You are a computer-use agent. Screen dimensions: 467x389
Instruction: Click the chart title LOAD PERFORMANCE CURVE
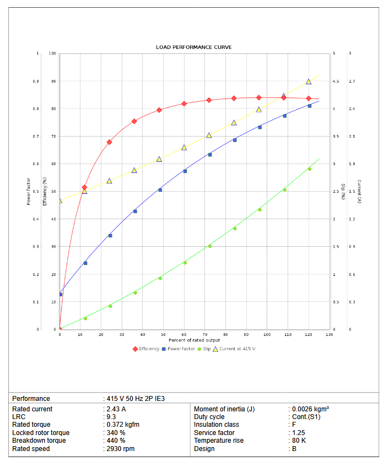pyautogui.click(x=194, y=47)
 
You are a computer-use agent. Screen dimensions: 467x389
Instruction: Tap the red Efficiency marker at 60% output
pyautogui.click(x=184, y=104)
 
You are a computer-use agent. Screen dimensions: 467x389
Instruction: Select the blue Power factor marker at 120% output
pyautogui.click(x=310, y=106)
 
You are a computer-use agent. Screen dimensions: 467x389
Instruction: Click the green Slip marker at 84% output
pyautogui.click(x=235, y=228)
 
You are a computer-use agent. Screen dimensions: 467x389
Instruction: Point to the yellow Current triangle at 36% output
pyautogui.click(x=134, y=171)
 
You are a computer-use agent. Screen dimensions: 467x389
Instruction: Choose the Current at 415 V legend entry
pyautogui.click(x=237, y=349)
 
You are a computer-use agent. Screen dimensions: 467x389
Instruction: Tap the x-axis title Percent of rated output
pyautogui.click(x=194, y=340)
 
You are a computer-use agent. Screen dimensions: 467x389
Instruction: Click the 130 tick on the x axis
pyautogui.click(x=329, y=335)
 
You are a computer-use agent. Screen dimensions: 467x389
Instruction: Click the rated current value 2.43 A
pyautogui.click(x=117, y=409)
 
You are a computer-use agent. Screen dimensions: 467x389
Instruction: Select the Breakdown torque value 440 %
pyautogui.click(x=116, y=441)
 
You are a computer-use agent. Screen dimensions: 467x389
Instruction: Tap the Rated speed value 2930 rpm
pyautogui.click(x=121, y=449)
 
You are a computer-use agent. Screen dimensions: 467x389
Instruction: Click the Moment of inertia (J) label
pyautogui.click(x=224, y=409)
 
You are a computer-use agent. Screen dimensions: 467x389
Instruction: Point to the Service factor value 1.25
pyautogui.click(x=298, y=433)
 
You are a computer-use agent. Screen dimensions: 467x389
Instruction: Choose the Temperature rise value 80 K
pyautogui.click(x=299, y=441)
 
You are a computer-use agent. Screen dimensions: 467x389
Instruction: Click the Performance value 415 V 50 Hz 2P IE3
pyautogui.click(x=136, y=398)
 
